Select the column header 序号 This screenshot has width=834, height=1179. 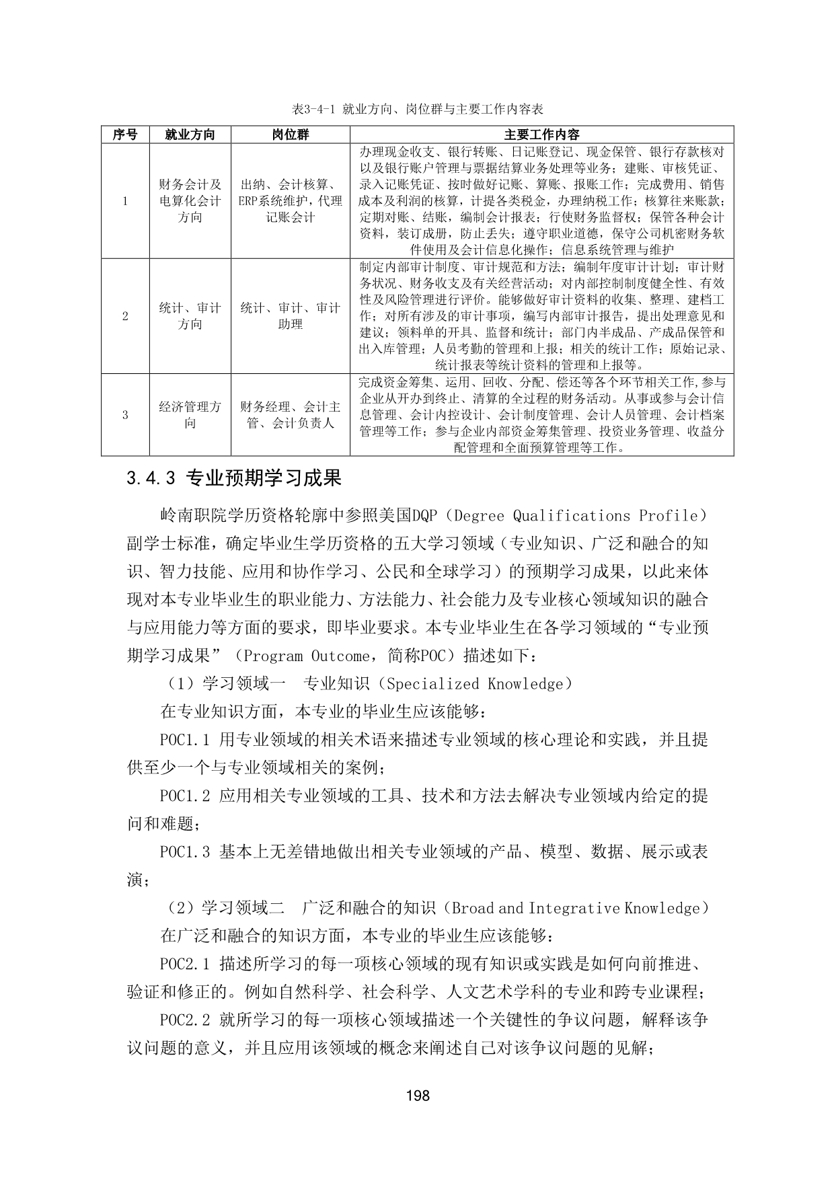pyautogui.click(x=125, y=135)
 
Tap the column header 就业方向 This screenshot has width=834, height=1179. pyautogui.click(x=190, y=135)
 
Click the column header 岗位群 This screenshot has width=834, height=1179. pyautogui.click(x=290, y=135)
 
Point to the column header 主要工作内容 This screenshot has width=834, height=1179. pyautogui.click(x=541, y=135)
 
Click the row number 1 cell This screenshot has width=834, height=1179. pyautogui.click(x=125, y=200)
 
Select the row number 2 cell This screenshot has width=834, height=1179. pyautogui.click(x=125, y=316)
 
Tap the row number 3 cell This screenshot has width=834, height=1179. pyautogui.click(x=125, y=415)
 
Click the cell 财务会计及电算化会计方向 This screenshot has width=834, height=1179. pyautogui.click(x=190, y=200)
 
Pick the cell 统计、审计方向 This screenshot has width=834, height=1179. pyautogui.click(x=190, y=316)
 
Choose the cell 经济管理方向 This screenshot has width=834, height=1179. pyautogui.click(x=190, y=415)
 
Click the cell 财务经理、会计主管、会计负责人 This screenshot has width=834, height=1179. pyautogui.click(x=290, y=415)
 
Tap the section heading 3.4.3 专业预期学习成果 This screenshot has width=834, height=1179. pyautogui.click(x=234, y=478)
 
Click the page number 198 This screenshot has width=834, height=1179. pyautogui.click(x=418, y=1096)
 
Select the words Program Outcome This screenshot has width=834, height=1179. pyautogui.click(x=305, y=656)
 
